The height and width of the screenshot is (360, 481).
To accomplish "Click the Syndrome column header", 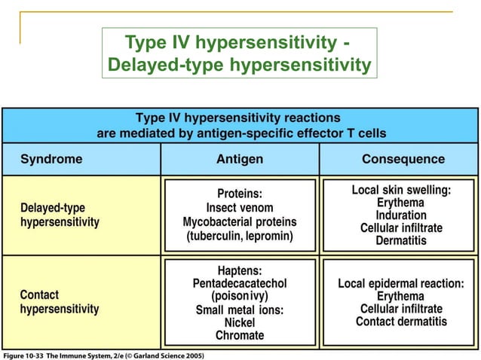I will pyautogui.click(x=51, y=160).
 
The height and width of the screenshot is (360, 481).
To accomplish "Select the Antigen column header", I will pyautogui.click(x=240, y=160).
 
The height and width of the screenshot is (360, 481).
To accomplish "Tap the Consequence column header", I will pyautogui.click(x=403, y=160).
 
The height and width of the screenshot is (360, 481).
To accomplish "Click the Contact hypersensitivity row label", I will pyautogui.click(x=59, y=302).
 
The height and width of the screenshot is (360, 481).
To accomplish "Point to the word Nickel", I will pyautogui.click(x=240, y=322).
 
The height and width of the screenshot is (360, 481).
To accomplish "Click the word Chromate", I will pyautogui.click(x=240, y=335).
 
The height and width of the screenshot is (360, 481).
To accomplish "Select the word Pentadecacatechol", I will pyautogui.click(x=240, y=283).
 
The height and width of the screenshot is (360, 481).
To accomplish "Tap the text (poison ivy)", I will pyautogui.click(x=240, y=296).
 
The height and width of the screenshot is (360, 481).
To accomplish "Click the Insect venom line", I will pyautogui.click(x=240, y=207).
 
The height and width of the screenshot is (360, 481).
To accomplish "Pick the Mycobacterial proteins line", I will pyautogui.click(x=240, y=222).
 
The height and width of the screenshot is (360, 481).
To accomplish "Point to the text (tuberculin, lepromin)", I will pyautogui.click(x=240, y=236).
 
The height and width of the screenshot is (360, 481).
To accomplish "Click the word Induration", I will pyautogui.click(x=401, y=215).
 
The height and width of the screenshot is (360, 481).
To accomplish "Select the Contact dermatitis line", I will pyautogui.click(x=401, y=322).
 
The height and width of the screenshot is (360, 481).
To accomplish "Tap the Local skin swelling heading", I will pyautogui.click(x=401, y=191).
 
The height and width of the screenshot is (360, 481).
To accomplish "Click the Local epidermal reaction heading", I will pyautogui.click(x=401, y=284).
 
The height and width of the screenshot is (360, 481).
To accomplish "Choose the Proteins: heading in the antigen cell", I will pyautogui.click(x=240, y=193).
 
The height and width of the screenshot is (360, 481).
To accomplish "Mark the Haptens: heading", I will pyautogui.click(x=240, y=270).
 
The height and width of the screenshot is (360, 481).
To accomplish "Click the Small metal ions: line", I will pyautogui.click(x=240, y=310).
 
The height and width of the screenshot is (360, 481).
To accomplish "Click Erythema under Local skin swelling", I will pyautogui.click(x=401, y=203).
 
